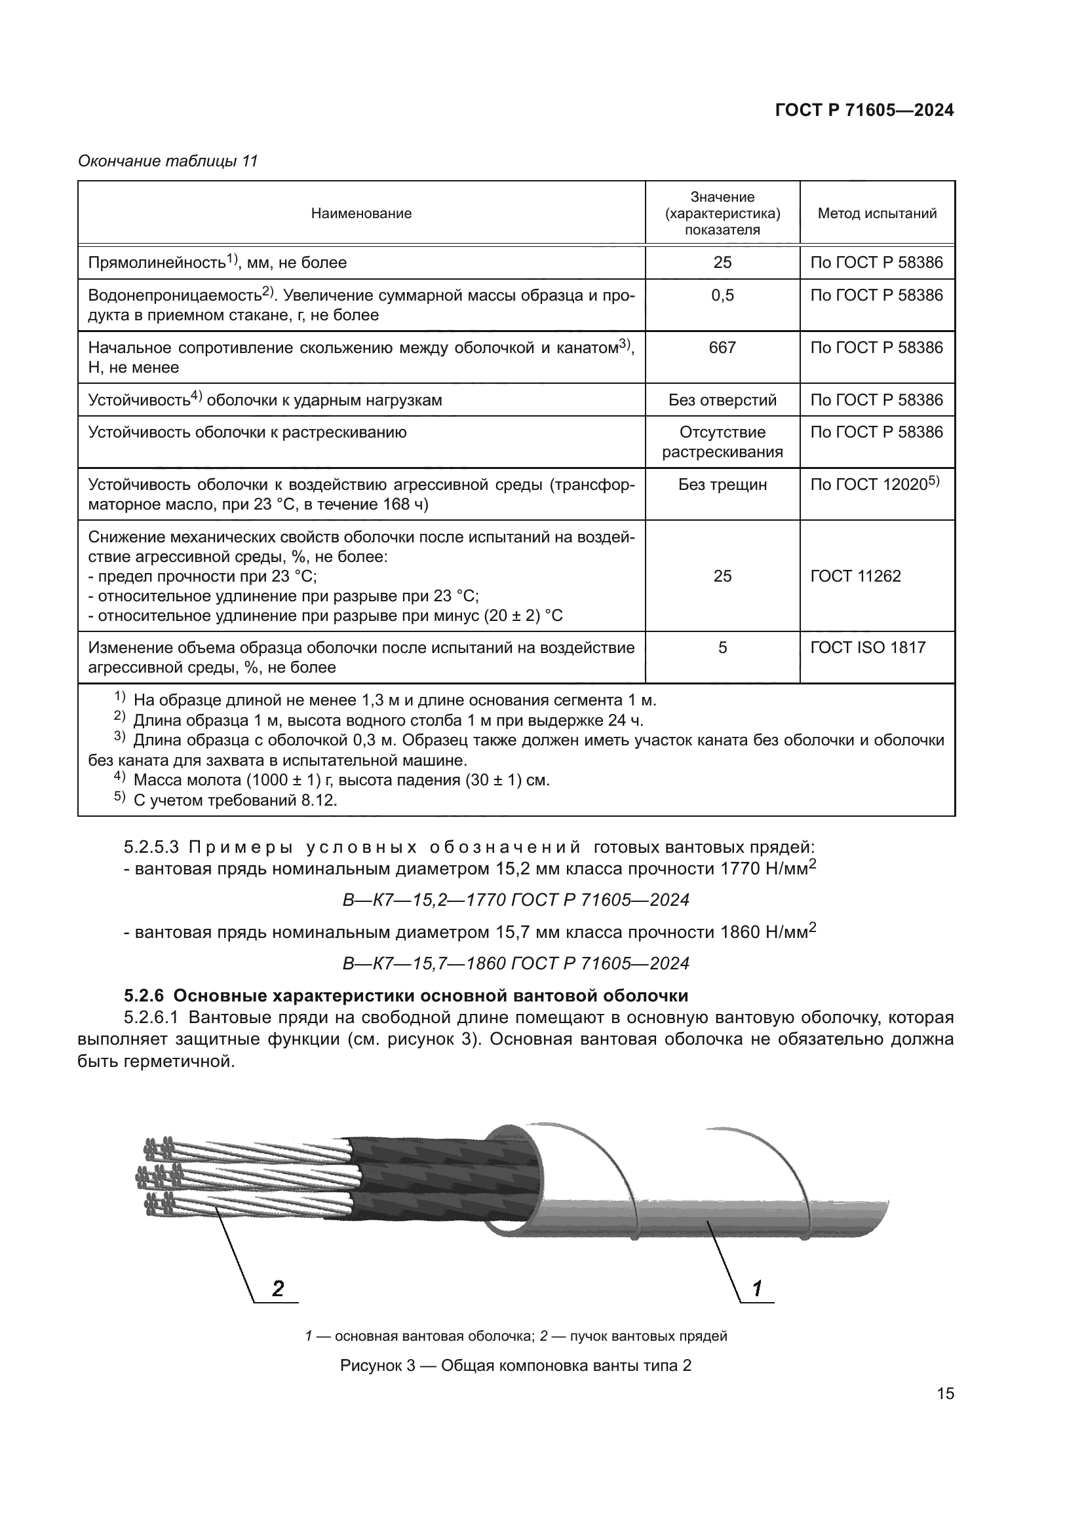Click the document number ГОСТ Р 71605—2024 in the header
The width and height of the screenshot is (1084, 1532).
864,111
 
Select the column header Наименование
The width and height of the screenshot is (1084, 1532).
361,214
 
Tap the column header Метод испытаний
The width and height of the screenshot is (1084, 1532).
877,214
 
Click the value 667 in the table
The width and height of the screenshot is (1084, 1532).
722,348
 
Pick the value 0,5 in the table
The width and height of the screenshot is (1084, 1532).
722,295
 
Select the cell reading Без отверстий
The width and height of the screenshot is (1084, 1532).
722,400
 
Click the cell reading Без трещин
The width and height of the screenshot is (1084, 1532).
722,485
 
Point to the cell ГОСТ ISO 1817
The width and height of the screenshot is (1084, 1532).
868,648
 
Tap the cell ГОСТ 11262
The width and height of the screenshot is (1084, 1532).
856,576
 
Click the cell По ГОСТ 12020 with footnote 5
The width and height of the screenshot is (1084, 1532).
874,485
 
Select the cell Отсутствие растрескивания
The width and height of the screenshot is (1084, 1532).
722,442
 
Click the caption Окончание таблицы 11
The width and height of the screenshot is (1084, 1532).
168,162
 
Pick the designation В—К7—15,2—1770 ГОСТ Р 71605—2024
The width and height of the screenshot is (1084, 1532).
515,900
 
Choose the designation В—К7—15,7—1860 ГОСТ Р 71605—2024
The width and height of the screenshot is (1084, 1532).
515,963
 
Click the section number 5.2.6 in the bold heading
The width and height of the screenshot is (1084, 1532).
144,996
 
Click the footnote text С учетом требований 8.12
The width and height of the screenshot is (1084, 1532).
235,800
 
